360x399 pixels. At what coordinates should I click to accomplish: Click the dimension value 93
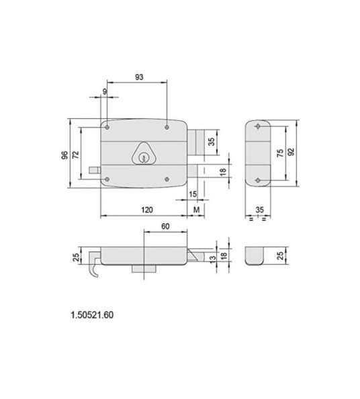pos(139,77)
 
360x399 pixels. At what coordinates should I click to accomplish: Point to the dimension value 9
pos(104,92)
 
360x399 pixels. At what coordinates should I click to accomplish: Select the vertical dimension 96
pos(64,154)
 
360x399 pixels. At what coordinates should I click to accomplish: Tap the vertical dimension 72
pos(76,154)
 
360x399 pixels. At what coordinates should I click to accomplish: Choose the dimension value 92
pos(291,152)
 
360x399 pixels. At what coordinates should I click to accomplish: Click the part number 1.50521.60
pos(92,314)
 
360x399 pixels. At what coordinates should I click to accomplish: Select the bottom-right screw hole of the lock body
pos(166,179)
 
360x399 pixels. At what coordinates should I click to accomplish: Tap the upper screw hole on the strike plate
pos(259,126)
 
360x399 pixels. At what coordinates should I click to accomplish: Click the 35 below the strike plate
pos(259,210)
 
